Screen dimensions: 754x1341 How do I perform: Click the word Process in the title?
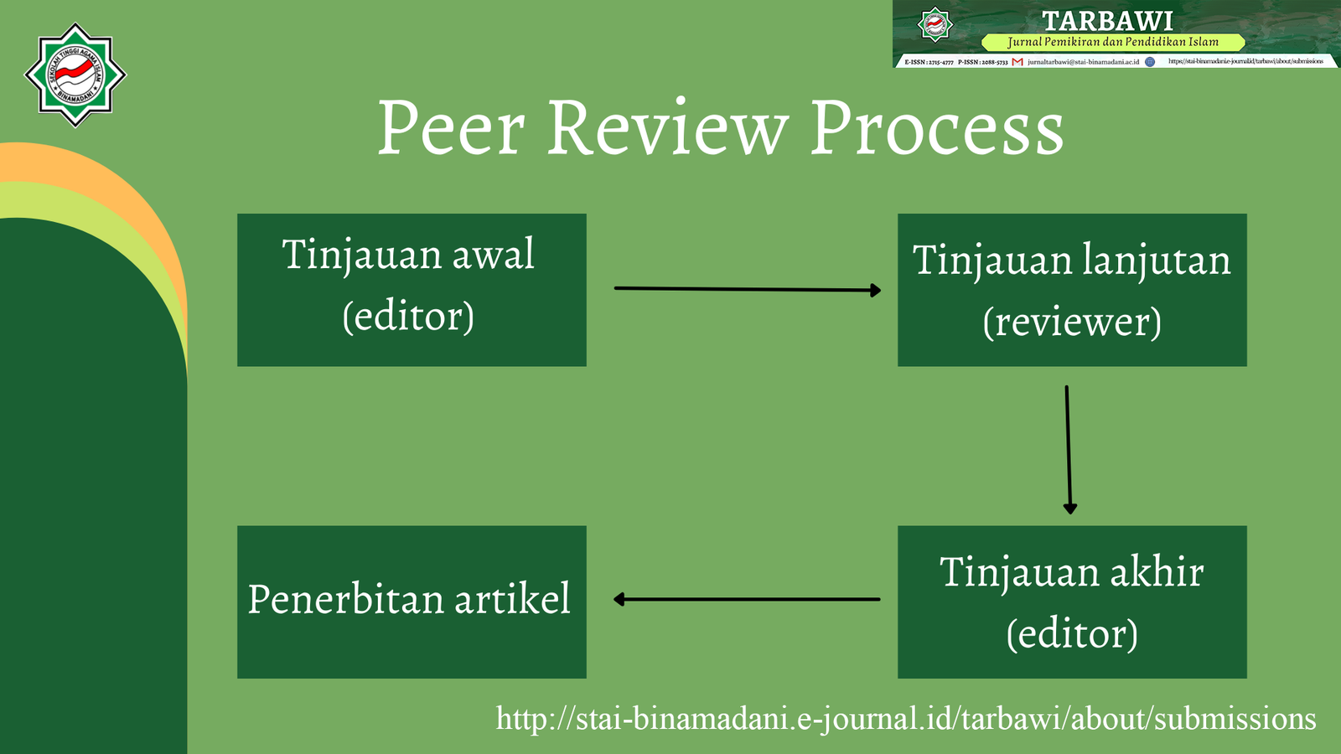click(936, 130)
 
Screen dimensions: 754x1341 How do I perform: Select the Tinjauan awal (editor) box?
click(412, 290)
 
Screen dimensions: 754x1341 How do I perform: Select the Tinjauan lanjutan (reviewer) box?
click(1072, 290)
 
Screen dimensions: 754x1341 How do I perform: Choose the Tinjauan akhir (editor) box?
click(1072, 602)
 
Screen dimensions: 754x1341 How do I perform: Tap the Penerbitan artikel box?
click(412, 602)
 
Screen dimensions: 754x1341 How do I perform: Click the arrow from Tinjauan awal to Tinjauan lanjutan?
click(747, 289)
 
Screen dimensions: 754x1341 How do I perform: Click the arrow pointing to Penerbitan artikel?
click(747, 599)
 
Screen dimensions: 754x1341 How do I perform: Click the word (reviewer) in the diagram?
click(1072, 323)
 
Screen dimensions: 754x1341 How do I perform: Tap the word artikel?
click(512, 599)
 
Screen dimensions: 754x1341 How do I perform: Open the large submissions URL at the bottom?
click(906, 719)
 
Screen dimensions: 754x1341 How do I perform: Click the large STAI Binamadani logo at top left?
click(75, 75)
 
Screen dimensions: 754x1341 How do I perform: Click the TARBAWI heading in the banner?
click(1107, 20)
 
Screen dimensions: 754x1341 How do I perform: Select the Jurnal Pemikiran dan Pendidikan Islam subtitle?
click(1113, 42)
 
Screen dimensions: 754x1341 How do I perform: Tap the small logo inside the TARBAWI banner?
click(935, 24)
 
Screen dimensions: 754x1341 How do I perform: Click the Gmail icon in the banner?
click(1017, 62)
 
